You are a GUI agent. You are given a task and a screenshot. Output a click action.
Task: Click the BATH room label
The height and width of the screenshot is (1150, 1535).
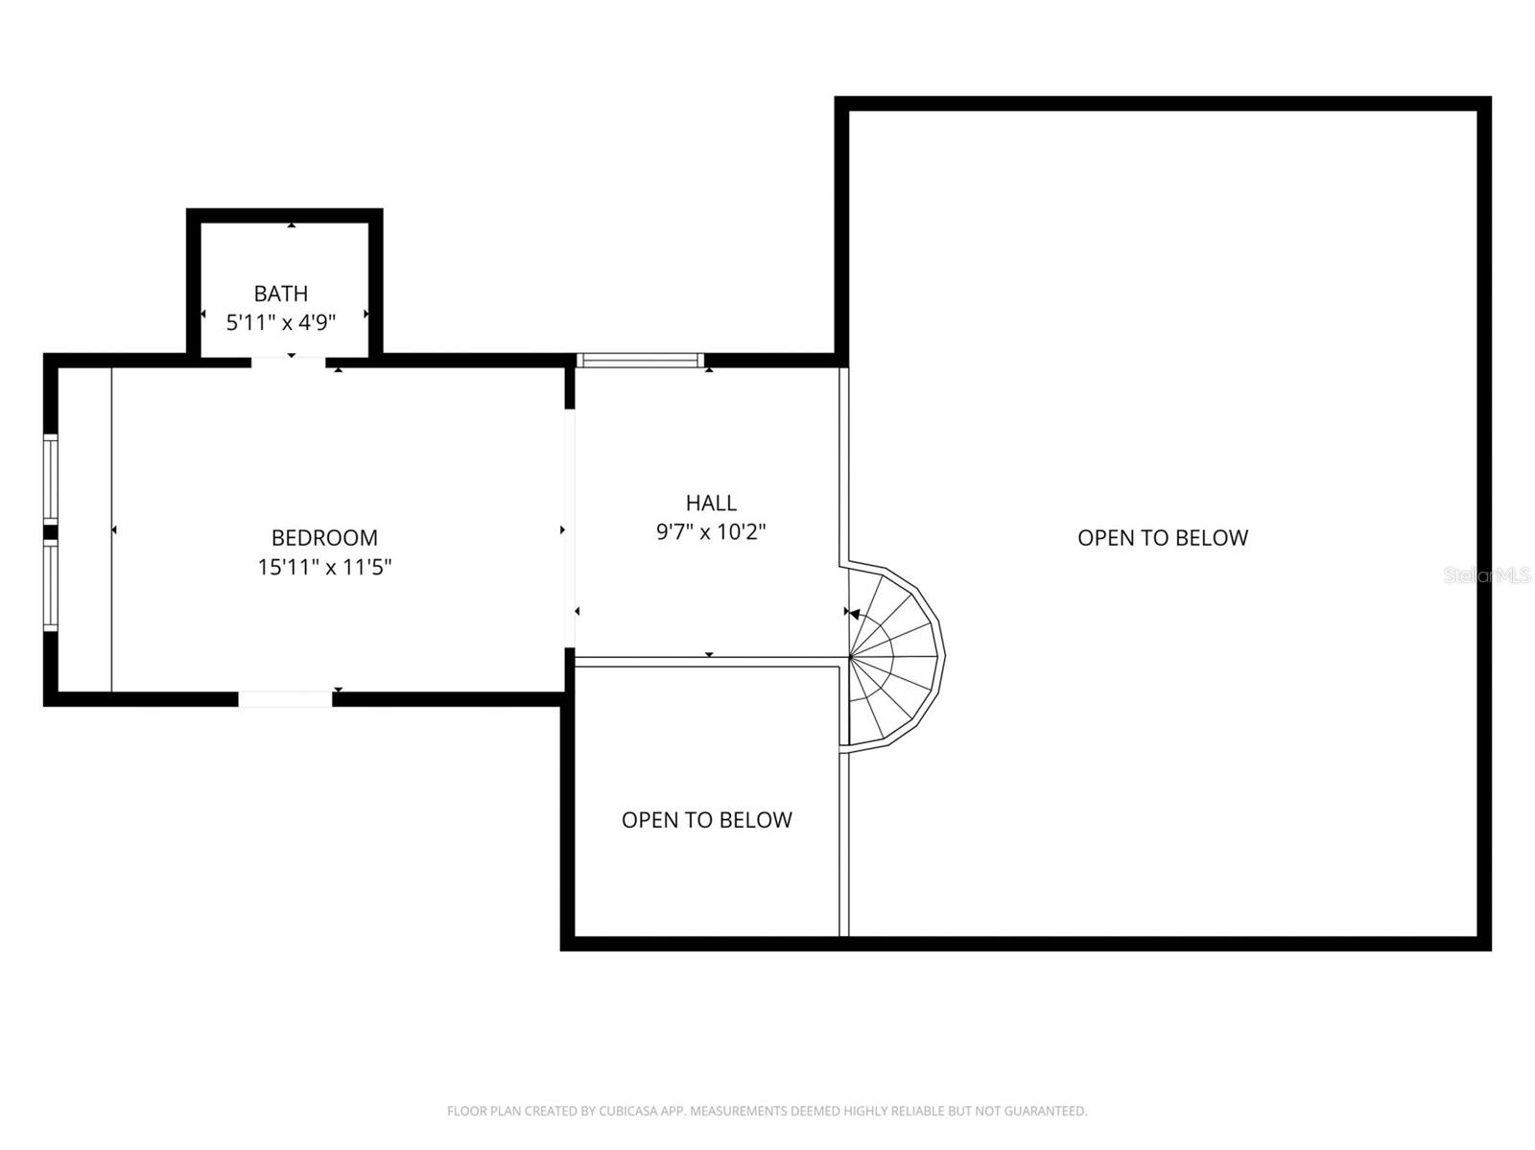point(281,293)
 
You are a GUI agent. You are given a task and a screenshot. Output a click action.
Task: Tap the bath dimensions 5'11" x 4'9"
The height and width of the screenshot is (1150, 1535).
point(281,323)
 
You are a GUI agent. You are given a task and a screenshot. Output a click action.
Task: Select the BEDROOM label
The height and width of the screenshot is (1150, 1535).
point(324,538)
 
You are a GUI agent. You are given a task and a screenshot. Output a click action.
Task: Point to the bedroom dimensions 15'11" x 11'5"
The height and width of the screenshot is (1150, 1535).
point(324,568)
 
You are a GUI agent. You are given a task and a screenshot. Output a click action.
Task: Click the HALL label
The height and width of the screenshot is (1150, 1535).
point(711,503)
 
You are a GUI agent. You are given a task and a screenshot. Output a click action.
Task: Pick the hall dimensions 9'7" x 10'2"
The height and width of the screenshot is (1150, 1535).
point(711,532)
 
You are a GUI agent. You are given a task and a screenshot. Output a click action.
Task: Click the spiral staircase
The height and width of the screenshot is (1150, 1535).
point(892,656)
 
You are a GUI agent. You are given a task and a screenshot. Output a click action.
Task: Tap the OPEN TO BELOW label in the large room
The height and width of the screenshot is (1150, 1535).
point(1163,538)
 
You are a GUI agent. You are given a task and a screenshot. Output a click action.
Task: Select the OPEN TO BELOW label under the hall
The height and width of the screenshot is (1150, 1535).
point(707,820)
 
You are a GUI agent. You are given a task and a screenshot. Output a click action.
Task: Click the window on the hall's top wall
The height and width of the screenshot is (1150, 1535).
point(640,361)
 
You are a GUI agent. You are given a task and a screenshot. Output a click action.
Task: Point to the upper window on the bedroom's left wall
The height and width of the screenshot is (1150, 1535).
point(51,479)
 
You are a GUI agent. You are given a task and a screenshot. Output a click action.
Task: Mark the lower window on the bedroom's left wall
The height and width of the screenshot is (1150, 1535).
point(51,586)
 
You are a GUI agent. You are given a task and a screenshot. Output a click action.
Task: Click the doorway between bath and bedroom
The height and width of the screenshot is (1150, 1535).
point(289,361)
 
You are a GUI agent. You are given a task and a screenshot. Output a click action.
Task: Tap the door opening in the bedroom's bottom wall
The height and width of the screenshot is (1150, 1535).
point(285,699)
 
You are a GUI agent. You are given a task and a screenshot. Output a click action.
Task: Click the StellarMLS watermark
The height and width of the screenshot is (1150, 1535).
point(1487,575)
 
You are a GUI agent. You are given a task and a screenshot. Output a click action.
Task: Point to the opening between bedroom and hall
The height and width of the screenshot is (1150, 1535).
point(570,528)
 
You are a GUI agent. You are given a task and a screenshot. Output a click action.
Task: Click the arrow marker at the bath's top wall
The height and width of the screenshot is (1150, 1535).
point(292,224)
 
